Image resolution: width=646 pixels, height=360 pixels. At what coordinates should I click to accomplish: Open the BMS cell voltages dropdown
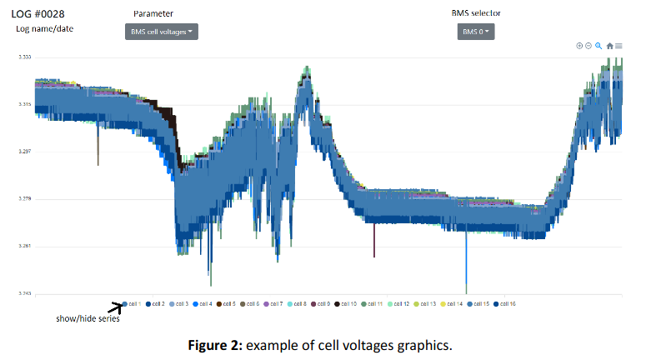click(162, 32)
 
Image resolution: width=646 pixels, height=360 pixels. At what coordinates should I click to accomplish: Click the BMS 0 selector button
click(475, 32)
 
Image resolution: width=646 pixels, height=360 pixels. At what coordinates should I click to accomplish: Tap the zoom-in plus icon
click(579, 46)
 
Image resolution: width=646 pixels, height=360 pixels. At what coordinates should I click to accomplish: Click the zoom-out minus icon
click(588, 46)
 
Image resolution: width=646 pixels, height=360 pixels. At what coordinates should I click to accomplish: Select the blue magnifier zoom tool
click(598, 46)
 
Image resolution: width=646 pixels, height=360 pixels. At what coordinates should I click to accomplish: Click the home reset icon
click(609, 46)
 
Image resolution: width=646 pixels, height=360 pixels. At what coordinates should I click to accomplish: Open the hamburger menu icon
click(618, 46)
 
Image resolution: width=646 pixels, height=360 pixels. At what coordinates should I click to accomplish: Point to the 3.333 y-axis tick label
click(25, 57)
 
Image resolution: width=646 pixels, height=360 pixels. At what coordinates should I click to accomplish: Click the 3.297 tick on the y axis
click(25, 152)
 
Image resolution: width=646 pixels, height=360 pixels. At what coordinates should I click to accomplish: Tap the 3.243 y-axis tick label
click(25, 293)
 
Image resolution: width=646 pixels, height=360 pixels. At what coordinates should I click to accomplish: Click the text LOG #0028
click(38, 13)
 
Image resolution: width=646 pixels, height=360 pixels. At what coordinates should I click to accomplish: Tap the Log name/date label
click(45, 29)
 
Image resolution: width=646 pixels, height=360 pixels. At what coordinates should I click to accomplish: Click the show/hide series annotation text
click(88, 318)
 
